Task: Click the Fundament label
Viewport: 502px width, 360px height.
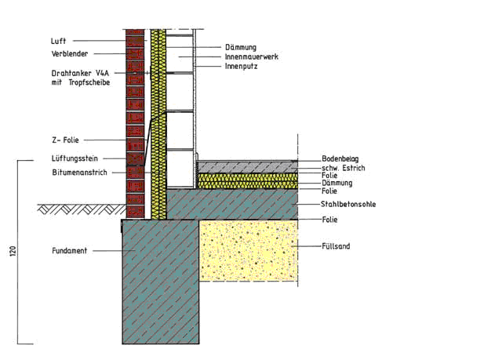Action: point(70,251)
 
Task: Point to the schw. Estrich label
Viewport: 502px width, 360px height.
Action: point(344,168)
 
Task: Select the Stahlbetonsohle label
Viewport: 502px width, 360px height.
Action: point(348,204)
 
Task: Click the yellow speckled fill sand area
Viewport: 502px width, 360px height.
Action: point(248,249)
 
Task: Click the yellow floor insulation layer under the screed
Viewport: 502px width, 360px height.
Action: point(248,181)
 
